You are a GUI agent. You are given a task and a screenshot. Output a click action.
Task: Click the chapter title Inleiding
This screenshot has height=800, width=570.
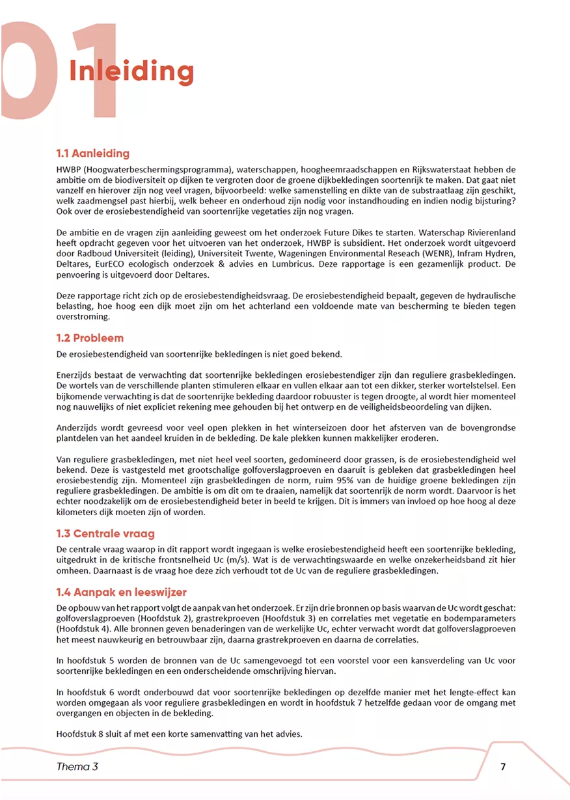tap(131, 71)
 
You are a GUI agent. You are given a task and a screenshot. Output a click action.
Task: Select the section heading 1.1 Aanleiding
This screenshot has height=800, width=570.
tap(92, 153)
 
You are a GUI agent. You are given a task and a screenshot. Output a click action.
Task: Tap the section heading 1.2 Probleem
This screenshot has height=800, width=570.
tap(89, 338)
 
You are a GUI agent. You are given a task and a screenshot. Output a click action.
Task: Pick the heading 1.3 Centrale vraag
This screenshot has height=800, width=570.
tap(105, 534)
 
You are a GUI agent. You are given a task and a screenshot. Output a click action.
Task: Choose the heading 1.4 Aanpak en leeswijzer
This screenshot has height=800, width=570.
tap(121, 592)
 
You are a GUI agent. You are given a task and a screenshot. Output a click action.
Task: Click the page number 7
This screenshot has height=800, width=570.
tap(503, 767)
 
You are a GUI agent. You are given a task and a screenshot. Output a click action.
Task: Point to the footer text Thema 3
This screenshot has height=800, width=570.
tap(77, 767)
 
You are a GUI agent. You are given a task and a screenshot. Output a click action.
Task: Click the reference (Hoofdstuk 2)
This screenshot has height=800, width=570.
tap(154, 618)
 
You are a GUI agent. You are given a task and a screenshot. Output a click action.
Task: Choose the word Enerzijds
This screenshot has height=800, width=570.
tap(77, 375)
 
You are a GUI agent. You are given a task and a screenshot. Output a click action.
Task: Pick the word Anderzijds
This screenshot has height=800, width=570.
tap(80, 428)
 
